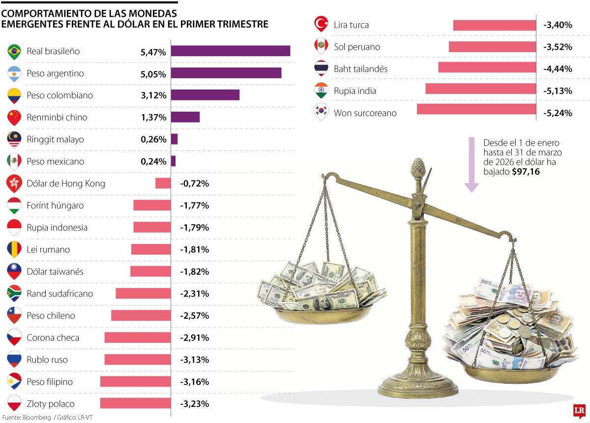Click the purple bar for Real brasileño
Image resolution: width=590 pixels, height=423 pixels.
[230, 51]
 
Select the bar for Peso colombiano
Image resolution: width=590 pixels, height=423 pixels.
[205, 95]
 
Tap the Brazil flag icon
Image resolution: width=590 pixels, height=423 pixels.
[14, 51]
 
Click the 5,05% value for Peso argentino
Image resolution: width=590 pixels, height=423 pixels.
[153, 73]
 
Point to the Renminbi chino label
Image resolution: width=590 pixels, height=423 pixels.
[57, 117]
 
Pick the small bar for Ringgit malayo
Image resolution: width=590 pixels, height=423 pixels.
[174, 139]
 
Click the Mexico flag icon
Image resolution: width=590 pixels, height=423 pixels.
[14, 161]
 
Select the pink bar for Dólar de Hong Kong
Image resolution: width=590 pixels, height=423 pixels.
[163, 183]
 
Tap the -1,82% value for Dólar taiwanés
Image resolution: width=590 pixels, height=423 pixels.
[194, 272]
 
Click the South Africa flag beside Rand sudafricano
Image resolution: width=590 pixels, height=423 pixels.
[14, 294]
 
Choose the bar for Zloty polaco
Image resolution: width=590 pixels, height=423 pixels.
[135, 403]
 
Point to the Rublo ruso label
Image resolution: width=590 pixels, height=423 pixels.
[47, 360]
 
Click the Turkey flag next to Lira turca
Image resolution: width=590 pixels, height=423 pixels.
[321, 25]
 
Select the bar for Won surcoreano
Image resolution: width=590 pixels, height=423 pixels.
[476, 109]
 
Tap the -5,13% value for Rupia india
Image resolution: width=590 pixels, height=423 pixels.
[558, 91]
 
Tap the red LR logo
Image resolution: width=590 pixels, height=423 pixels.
[579, 411]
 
